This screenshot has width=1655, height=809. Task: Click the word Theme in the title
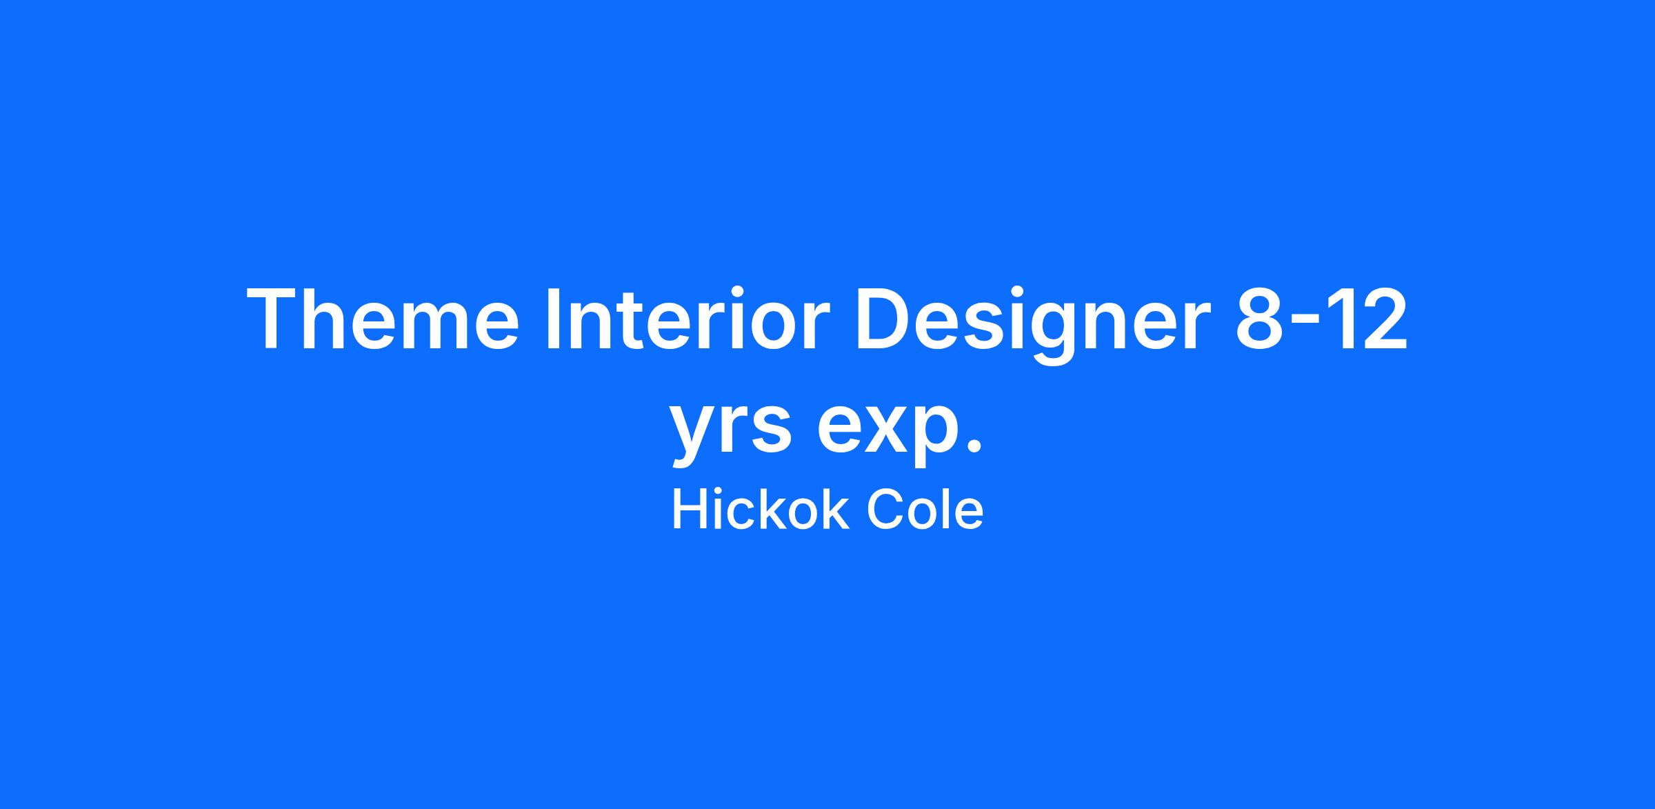pyautogui.click(x=383, y=320)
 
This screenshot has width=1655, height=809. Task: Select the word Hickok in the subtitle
pyautogui.click(x=760, y=511)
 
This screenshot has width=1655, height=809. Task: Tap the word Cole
pyautogui.click(x=925, y=511)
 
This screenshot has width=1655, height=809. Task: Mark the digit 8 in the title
pyautogui.click(x=1258, y=320)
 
